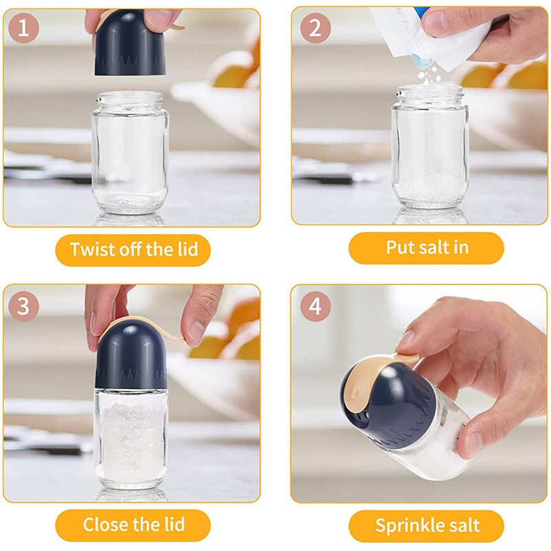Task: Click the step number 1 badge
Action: pyautogui.click(x=23, y=28)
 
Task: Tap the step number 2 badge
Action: pyautogui.click(x=315, y=28)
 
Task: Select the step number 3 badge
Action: pyautogui.click(x=23, y=306)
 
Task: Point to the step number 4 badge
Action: pyautogui.click(x=315, y=306)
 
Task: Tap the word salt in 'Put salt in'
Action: pyautogui.click(x=427, y=247)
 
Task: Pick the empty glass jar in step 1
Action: pyautogui.click(x=130, y=153)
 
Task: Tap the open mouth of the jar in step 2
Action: pyautogui.click(x=430, y=91)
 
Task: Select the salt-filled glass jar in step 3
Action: pyautogui.click(x=131, y=439)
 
